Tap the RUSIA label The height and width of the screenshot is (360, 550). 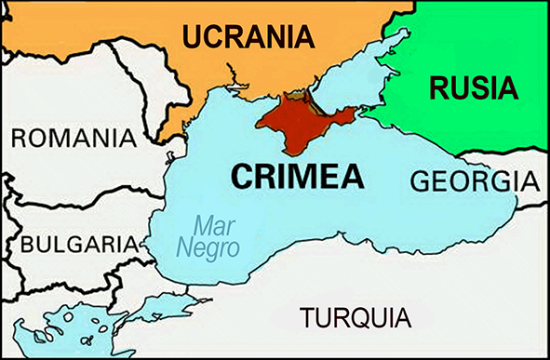(x=472, y=89)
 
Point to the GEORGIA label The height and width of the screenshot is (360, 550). (x=474, y=180)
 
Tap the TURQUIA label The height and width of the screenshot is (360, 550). (x=354, y=318)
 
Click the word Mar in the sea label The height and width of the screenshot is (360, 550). (x=212, y=225)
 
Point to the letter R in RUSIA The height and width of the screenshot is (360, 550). (x=438, y=89)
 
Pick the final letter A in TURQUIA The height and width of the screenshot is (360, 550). (x=398, y=318)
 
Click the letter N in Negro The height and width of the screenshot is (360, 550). (x=184, y=247)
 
